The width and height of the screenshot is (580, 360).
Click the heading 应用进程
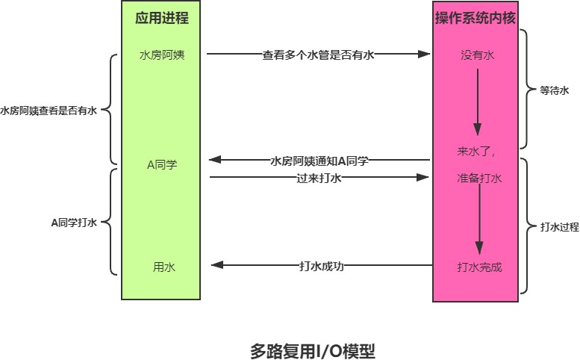tap(161, 19)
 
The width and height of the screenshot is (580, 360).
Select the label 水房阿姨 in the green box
tap(161, 55)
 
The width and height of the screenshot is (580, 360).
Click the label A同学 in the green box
tap(161, 164)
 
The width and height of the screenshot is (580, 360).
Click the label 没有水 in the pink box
tap(477, 55)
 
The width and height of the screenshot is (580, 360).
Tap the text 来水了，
tap(477, 151)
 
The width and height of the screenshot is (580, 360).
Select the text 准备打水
tap(478, 179)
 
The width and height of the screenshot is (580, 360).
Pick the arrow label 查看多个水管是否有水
tap(318, 55)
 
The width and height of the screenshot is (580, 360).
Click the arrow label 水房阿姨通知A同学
tap(319, 161)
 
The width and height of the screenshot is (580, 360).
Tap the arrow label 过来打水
tap(319, 179)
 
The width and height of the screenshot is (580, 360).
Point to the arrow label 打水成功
tap(322, 265)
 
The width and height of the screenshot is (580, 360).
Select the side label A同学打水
tap(73, 222)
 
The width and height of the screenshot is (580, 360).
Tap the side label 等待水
tap(555, 90)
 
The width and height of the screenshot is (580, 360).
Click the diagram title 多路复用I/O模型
tap(312, 350)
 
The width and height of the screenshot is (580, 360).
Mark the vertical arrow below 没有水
tap(477, 102)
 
